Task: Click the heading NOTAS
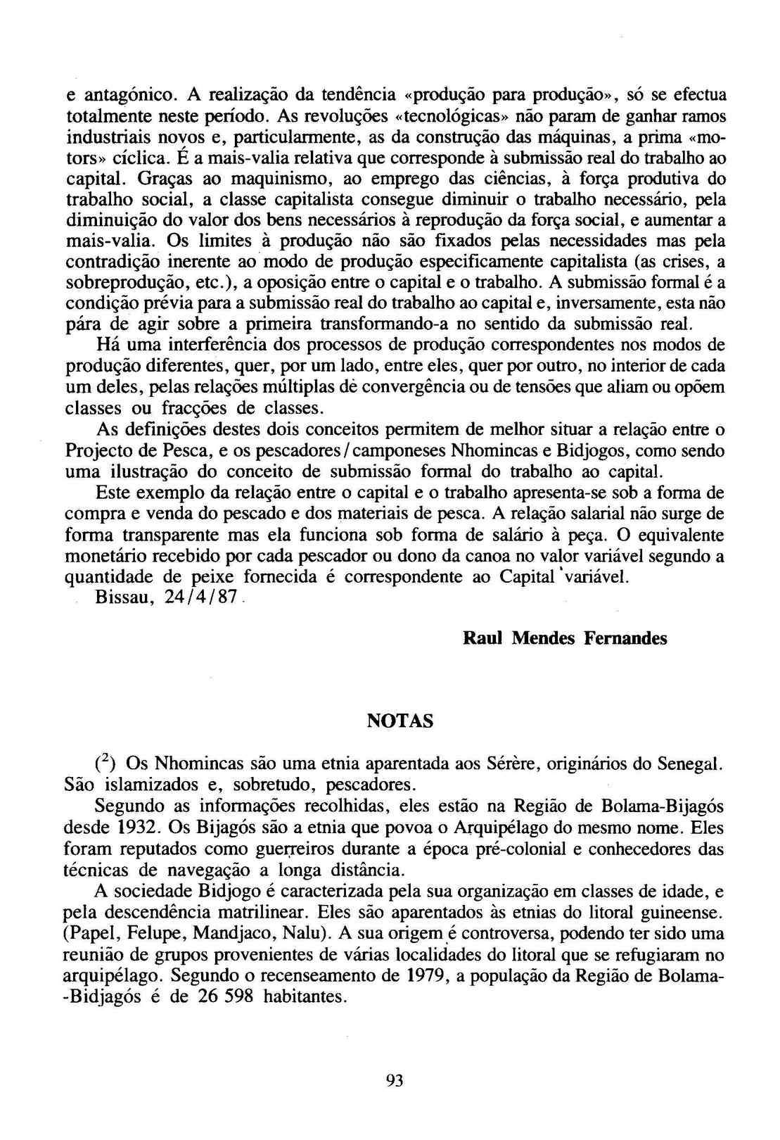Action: click(400, 721)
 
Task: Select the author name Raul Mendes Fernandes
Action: click(565, 638)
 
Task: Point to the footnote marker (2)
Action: click(106, 763)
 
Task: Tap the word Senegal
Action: click(691, 764)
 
